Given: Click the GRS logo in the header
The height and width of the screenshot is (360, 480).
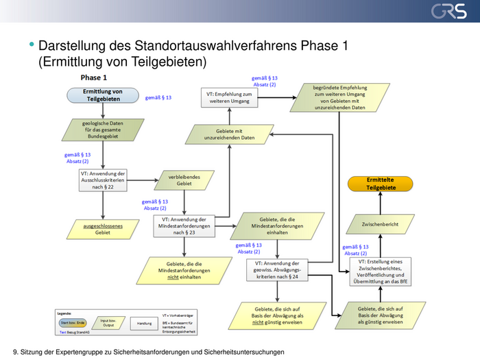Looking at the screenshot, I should click(448, 12).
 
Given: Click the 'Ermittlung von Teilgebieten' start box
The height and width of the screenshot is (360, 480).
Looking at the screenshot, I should click(103, 95).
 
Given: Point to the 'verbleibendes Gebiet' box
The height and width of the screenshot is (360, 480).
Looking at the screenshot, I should click(184, 180).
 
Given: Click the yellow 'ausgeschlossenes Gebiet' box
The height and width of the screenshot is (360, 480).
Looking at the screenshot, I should click(102, 228).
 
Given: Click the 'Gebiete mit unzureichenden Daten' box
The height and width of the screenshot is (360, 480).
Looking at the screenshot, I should click(228, 134).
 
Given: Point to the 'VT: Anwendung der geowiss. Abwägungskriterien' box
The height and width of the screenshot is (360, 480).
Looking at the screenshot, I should click(276, 271).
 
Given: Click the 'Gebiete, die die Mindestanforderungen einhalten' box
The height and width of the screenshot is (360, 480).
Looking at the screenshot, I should click(278, 225).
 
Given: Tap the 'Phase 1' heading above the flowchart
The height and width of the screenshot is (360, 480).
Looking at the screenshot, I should click(93, 77).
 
